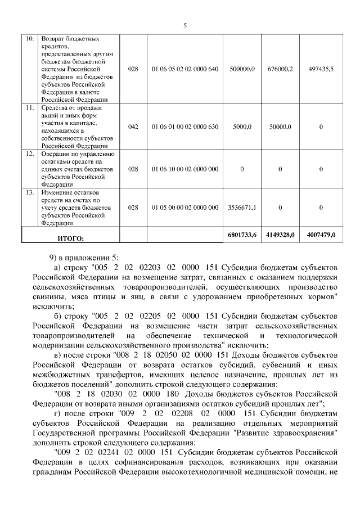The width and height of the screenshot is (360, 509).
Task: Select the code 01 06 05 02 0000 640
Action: click(184, 69)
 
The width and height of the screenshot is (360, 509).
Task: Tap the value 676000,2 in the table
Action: click(280, 69)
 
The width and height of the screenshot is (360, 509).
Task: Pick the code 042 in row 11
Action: click(133, 127)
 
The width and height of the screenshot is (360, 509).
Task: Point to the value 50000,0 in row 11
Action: click(280, 127)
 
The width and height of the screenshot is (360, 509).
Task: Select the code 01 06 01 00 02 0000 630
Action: click(184, 127)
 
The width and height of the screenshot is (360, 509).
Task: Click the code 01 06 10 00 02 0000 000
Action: click(184, 169)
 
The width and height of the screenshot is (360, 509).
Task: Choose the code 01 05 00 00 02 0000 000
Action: click(184, 208)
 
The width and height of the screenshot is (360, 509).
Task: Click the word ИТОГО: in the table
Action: click(70, 238)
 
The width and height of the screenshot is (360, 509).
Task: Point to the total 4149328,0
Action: click(280, 235)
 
